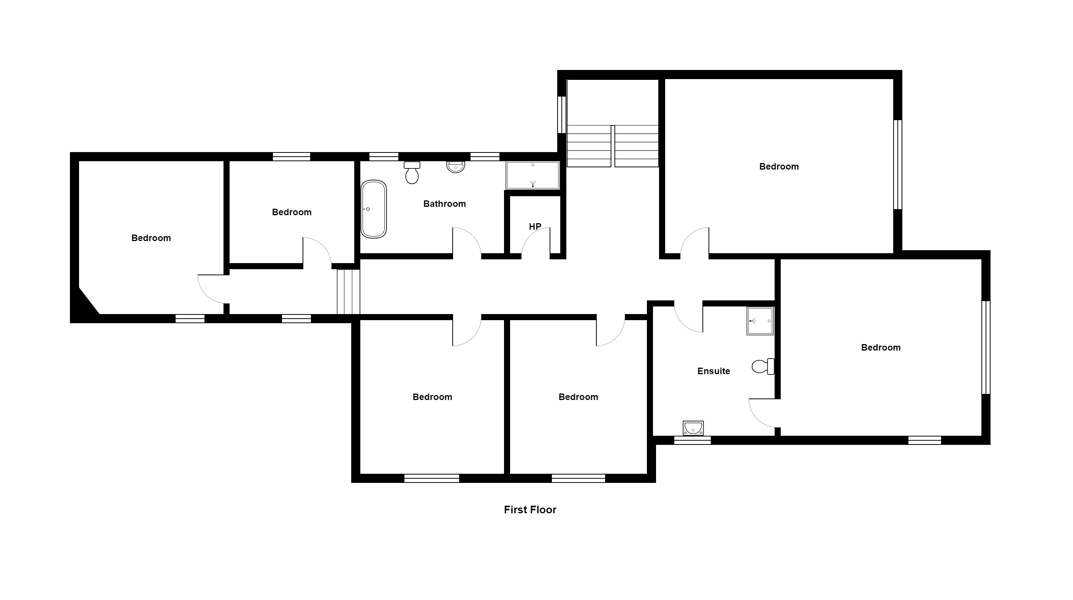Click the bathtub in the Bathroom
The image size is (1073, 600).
[374, 209]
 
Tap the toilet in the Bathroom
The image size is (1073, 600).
[412, 173]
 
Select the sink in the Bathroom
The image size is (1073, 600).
[456, 167]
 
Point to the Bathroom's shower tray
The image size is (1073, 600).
[533, 175]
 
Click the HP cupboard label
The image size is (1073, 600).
[535, 227]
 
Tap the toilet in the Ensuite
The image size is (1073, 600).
[763, 367]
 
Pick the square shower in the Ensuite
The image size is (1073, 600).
[760, 321]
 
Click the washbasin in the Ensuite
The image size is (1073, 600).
[693, 428]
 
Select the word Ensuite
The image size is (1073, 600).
[713, 371]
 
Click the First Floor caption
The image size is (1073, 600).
[530, 510]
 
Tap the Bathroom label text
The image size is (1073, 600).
[444, 204]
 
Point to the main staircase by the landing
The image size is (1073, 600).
[613, 146]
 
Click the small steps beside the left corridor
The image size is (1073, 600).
[348, 292]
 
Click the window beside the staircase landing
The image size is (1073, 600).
[562, 114]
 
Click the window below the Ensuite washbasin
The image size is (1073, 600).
[692, 440]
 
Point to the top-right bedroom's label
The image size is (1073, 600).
[779, 167]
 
